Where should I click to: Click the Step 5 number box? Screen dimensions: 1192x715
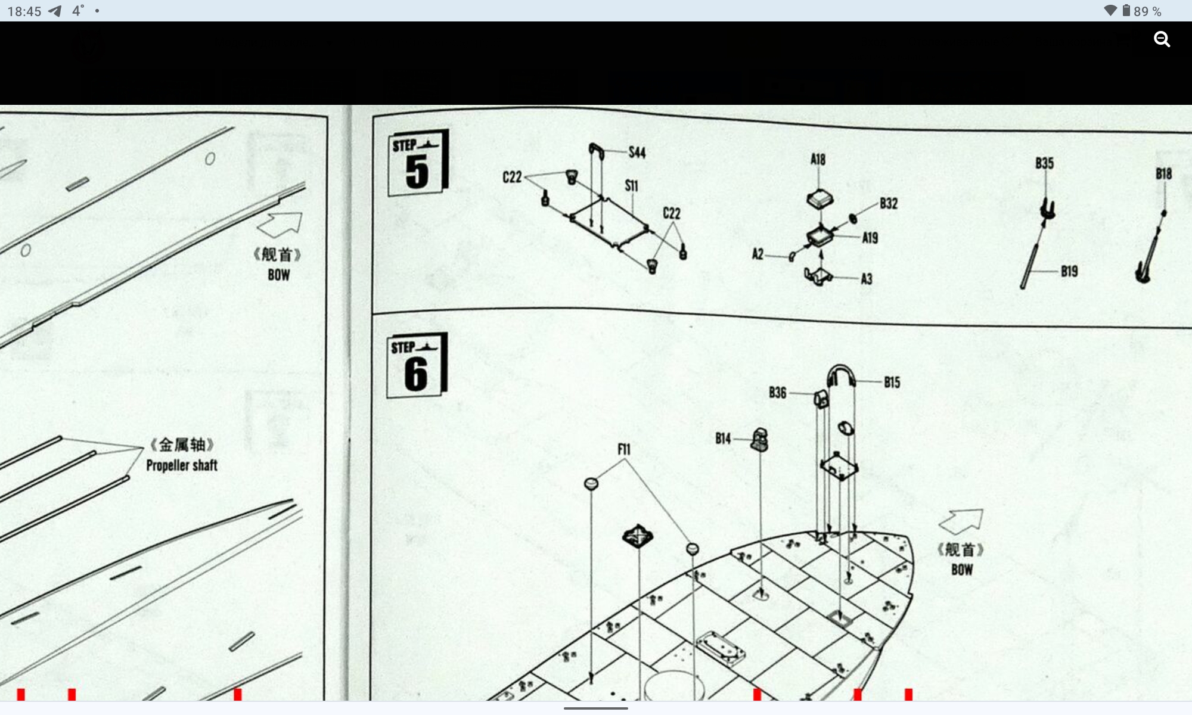coord(417,163)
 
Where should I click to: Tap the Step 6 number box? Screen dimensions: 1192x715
coord(416,365)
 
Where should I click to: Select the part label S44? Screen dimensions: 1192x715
coord(637,153)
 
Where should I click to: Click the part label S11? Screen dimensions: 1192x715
coord(631,186)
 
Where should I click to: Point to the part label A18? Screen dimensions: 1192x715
coord(818,160)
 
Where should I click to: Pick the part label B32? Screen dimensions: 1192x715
coord(888,204)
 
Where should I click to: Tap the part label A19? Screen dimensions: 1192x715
coord(870,238)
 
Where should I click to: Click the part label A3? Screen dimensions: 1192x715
coord(866,279)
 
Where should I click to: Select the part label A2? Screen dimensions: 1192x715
coord(758,254)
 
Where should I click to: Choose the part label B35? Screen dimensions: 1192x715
coord(1044,163)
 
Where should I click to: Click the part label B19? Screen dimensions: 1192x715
coord(1069,272)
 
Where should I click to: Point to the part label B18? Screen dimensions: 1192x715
coord(1163,174)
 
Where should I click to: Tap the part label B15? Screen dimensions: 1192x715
coord(892,383)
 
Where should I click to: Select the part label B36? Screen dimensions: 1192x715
coord(777,393)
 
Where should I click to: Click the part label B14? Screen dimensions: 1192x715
coord(723,439)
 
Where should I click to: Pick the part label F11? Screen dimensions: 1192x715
coord(623,450)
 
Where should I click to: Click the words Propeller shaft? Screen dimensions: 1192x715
coord(182,465)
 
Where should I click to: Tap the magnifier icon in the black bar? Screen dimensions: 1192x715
coord(1162,40)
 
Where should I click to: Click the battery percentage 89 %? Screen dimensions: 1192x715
coord(1147,11)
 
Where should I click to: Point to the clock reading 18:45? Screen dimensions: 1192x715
coord(24,11)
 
